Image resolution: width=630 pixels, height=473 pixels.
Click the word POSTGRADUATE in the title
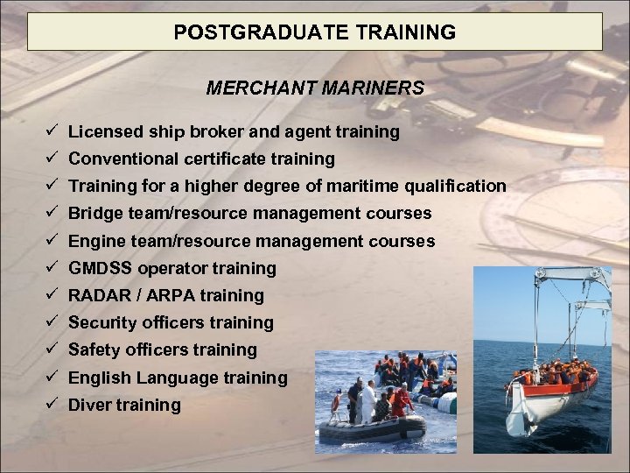236,32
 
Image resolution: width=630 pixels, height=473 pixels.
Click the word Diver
87,405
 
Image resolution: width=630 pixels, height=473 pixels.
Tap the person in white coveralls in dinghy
368,402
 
